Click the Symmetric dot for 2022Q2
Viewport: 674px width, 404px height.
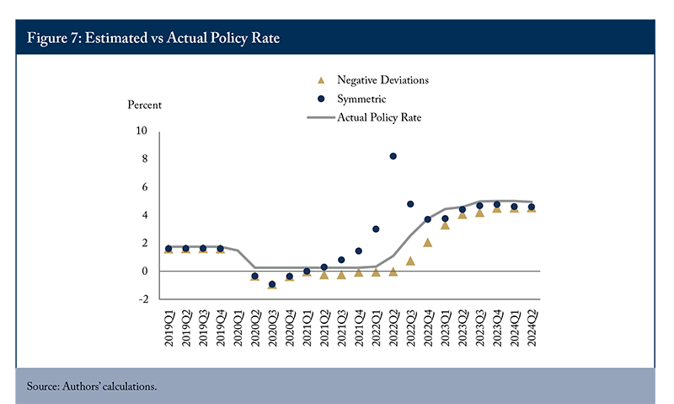coord(393,156)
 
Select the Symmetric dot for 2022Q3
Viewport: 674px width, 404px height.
coord(410,204)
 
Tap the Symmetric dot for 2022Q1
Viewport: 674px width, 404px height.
coord(376,229)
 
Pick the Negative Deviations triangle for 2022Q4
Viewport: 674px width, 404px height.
coord(427,243)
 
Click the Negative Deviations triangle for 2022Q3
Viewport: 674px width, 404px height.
coord(410,261)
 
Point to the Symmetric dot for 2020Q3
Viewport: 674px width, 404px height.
coord(271,284)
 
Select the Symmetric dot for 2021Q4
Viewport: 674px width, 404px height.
coord(359,250)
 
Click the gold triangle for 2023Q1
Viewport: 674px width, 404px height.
coord(445,225)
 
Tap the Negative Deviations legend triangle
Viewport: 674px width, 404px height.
coord(321,80)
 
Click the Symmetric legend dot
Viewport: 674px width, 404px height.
coord(321,99)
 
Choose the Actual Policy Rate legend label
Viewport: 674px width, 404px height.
coord(379,117)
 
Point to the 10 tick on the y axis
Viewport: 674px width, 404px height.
coord(142,131)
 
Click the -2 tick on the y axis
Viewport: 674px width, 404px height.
coord(143,299)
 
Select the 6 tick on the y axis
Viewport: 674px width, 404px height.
coord(144,186)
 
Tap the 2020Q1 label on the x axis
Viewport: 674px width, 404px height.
coord(238,328)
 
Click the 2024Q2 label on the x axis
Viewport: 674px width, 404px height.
coord(532,328)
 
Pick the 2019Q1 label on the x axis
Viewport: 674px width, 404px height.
coord(168,328)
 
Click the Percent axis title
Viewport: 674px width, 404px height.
coord(144,105)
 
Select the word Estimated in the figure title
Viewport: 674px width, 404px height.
coord(116,38)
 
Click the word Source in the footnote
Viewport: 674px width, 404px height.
coord(43,386)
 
